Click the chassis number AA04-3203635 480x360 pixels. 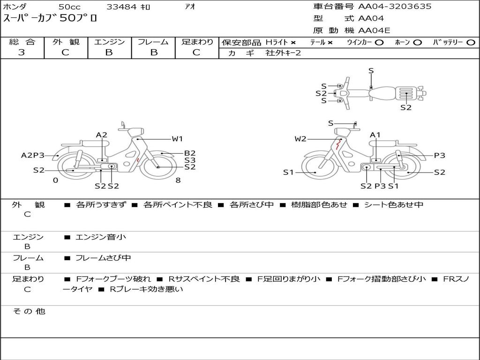tap(395, 6)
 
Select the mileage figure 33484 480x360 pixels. tap(121, 7)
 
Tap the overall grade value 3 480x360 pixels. tap(22, 52)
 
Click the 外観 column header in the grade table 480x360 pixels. tap(66, 42)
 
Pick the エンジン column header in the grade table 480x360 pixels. tap(109, 42)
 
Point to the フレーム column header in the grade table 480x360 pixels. tap(153, 42)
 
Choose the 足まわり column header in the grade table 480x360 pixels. tap(197, 42)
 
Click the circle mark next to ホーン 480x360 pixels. tap(417, 43)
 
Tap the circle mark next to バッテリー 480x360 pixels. tap(471, 43)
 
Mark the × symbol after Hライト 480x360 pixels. tap(293, 43)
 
